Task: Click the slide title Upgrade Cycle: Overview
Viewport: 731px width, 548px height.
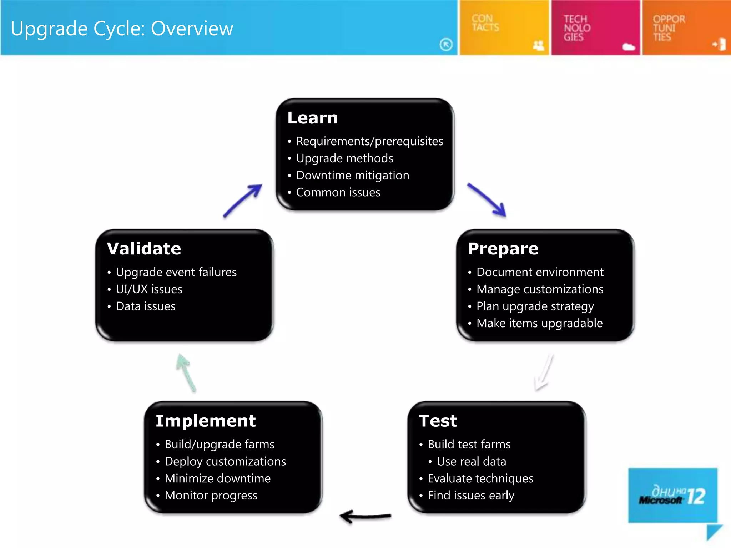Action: click(x=122, y=29)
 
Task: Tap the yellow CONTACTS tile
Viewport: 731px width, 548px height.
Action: click(x=503, y=28)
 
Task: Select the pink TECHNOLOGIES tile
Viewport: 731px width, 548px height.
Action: click(x=595, y=28)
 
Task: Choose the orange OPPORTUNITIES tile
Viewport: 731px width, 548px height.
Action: click(x=686, y=28)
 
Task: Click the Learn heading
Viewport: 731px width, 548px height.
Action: click(x=312, y=118)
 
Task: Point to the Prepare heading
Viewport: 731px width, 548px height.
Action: click(x=503, y=249)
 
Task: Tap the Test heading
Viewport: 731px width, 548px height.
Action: click(x=438, y=421)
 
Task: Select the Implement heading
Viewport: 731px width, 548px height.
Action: click(x=206, y=421)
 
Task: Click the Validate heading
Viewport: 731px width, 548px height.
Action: click(x=144, y=249)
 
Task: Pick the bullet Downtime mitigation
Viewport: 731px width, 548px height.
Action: click(x=352, y=175)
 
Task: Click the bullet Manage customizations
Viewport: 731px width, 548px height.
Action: click(x=539, y=289)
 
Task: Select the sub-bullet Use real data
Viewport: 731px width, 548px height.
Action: click(x=471, y=461)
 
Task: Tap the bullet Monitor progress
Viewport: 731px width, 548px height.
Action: click(x=211, y=495)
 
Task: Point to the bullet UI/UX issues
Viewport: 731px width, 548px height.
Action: click(x=149, y=289)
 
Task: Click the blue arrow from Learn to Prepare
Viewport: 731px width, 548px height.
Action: click(x=487, y=200)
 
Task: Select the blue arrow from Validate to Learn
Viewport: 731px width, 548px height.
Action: click(x=243, y=201)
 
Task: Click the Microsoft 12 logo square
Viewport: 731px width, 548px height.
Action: click(x=672, y=495)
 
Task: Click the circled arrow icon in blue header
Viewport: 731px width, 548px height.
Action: click(x=446, y=45)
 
